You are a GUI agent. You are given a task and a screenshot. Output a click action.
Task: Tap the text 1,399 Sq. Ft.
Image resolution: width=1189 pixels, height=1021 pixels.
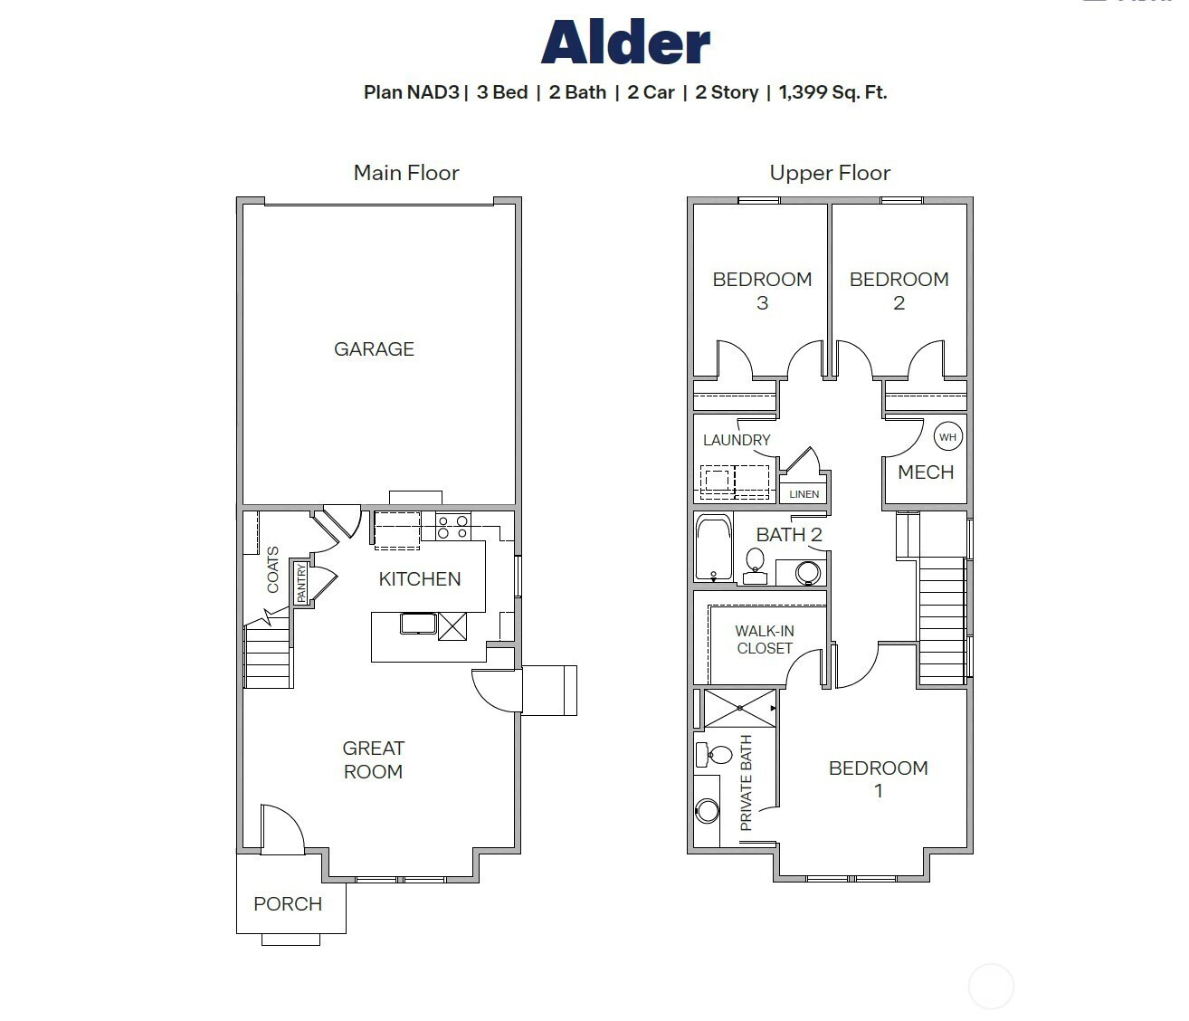[x=832, y=92]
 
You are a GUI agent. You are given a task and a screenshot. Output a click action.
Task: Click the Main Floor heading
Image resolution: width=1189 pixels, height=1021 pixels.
[x=406, y=173]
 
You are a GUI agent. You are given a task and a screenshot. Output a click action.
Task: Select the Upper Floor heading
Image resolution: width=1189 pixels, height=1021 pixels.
[x=830, y=173]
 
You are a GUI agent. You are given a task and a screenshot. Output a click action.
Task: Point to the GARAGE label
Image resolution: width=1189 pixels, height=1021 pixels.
[x=374, y=348]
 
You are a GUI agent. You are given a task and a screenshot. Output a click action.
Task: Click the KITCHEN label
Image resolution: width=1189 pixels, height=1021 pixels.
[x=420, y=579]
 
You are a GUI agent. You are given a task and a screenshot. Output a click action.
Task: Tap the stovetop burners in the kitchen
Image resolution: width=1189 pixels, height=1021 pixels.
[x=452, y=526]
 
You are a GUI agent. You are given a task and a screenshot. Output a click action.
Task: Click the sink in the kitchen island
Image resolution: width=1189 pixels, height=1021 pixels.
[x=418, y=624]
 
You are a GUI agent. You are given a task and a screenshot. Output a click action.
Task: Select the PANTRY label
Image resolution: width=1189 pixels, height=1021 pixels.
[x=301, y=583]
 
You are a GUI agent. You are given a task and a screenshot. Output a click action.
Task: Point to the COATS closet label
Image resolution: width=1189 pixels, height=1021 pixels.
[x=272, y=569]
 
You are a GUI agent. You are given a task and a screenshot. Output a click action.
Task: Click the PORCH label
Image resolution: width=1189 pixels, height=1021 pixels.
[x=288, y=903]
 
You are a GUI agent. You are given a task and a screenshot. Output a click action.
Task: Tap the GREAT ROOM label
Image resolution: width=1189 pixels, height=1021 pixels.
[x=374, y=759]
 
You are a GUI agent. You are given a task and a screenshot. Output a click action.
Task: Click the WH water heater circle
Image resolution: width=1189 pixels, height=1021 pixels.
[x=948, y=437]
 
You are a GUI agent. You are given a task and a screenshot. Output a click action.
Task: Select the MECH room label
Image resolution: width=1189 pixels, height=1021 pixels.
[x=926, y=472]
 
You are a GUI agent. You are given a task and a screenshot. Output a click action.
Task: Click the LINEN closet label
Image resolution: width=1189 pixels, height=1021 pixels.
[x=804, y=494]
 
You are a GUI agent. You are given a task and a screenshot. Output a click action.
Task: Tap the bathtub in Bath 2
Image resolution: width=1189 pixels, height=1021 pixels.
[x=714, y=548]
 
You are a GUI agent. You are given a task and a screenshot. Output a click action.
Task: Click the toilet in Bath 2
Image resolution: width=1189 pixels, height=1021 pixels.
[x=755, y=567]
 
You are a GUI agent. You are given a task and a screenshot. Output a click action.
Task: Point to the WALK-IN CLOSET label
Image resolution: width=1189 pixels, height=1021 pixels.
[x=765, y=639]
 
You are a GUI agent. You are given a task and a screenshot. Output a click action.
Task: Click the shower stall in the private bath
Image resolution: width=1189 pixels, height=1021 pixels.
[x=740, y=708]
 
